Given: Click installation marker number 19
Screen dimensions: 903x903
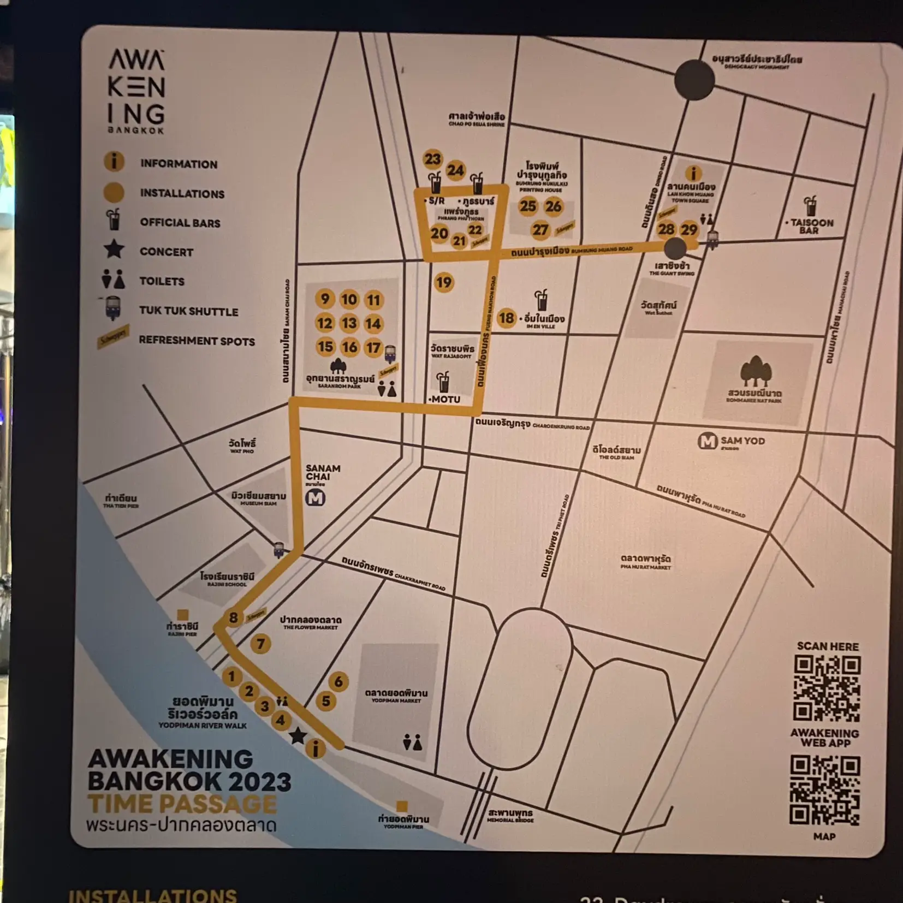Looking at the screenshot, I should [443, 282].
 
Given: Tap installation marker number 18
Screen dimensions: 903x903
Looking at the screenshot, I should [506, 318].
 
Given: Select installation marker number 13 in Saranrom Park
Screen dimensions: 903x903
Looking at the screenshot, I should [349, 323].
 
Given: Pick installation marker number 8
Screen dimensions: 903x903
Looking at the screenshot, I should [233, 617].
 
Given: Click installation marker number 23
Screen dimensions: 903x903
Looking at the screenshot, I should [432, 159].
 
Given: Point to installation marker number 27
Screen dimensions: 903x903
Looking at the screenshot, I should [540, 230].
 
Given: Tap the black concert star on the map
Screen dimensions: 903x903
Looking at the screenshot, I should [298, 736].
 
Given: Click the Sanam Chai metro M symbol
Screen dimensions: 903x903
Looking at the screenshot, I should [316, 497].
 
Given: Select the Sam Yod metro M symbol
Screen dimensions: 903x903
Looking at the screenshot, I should [708, 441].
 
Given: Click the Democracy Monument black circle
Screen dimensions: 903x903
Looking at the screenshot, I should [694, 80].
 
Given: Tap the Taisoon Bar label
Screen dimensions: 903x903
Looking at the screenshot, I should [811, 226].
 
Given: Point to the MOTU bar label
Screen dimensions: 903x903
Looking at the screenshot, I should [445, 400].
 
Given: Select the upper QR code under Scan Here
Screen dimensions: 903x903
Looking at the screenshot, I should [827, 688].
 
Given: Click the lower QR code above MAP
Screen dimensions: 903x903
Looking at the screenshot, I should [825, 789].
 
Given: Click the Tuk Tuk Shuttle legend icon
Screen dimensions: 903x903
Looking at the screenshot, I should [113, 308].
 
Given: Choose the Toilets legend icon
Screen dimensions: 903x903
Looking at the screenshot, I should [114, 280].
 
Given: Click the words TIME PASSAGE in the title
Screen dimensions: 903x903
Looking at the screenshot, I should [182, 804].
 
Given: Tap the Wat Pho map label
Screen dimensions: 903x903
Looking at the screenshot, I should [242, 445].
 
